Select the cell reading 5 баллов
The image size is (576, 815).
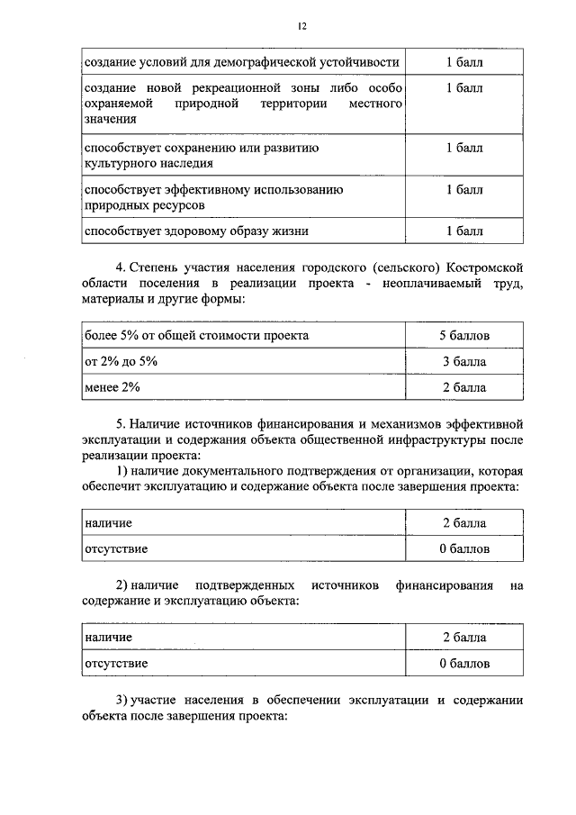464,335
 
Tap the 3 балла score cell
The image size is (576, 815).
464,361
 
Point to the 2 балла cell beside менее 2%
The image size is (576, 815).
464,387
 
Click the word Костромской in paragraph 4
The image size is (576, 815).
481,268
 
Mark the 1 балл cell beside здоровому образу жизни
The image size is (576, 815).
464,231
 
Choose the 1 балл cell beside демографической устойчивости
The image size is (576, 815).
464,62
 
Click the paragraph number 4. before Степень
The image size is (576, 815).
121,268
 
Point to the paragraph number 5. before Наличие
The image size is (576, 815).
121,422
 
